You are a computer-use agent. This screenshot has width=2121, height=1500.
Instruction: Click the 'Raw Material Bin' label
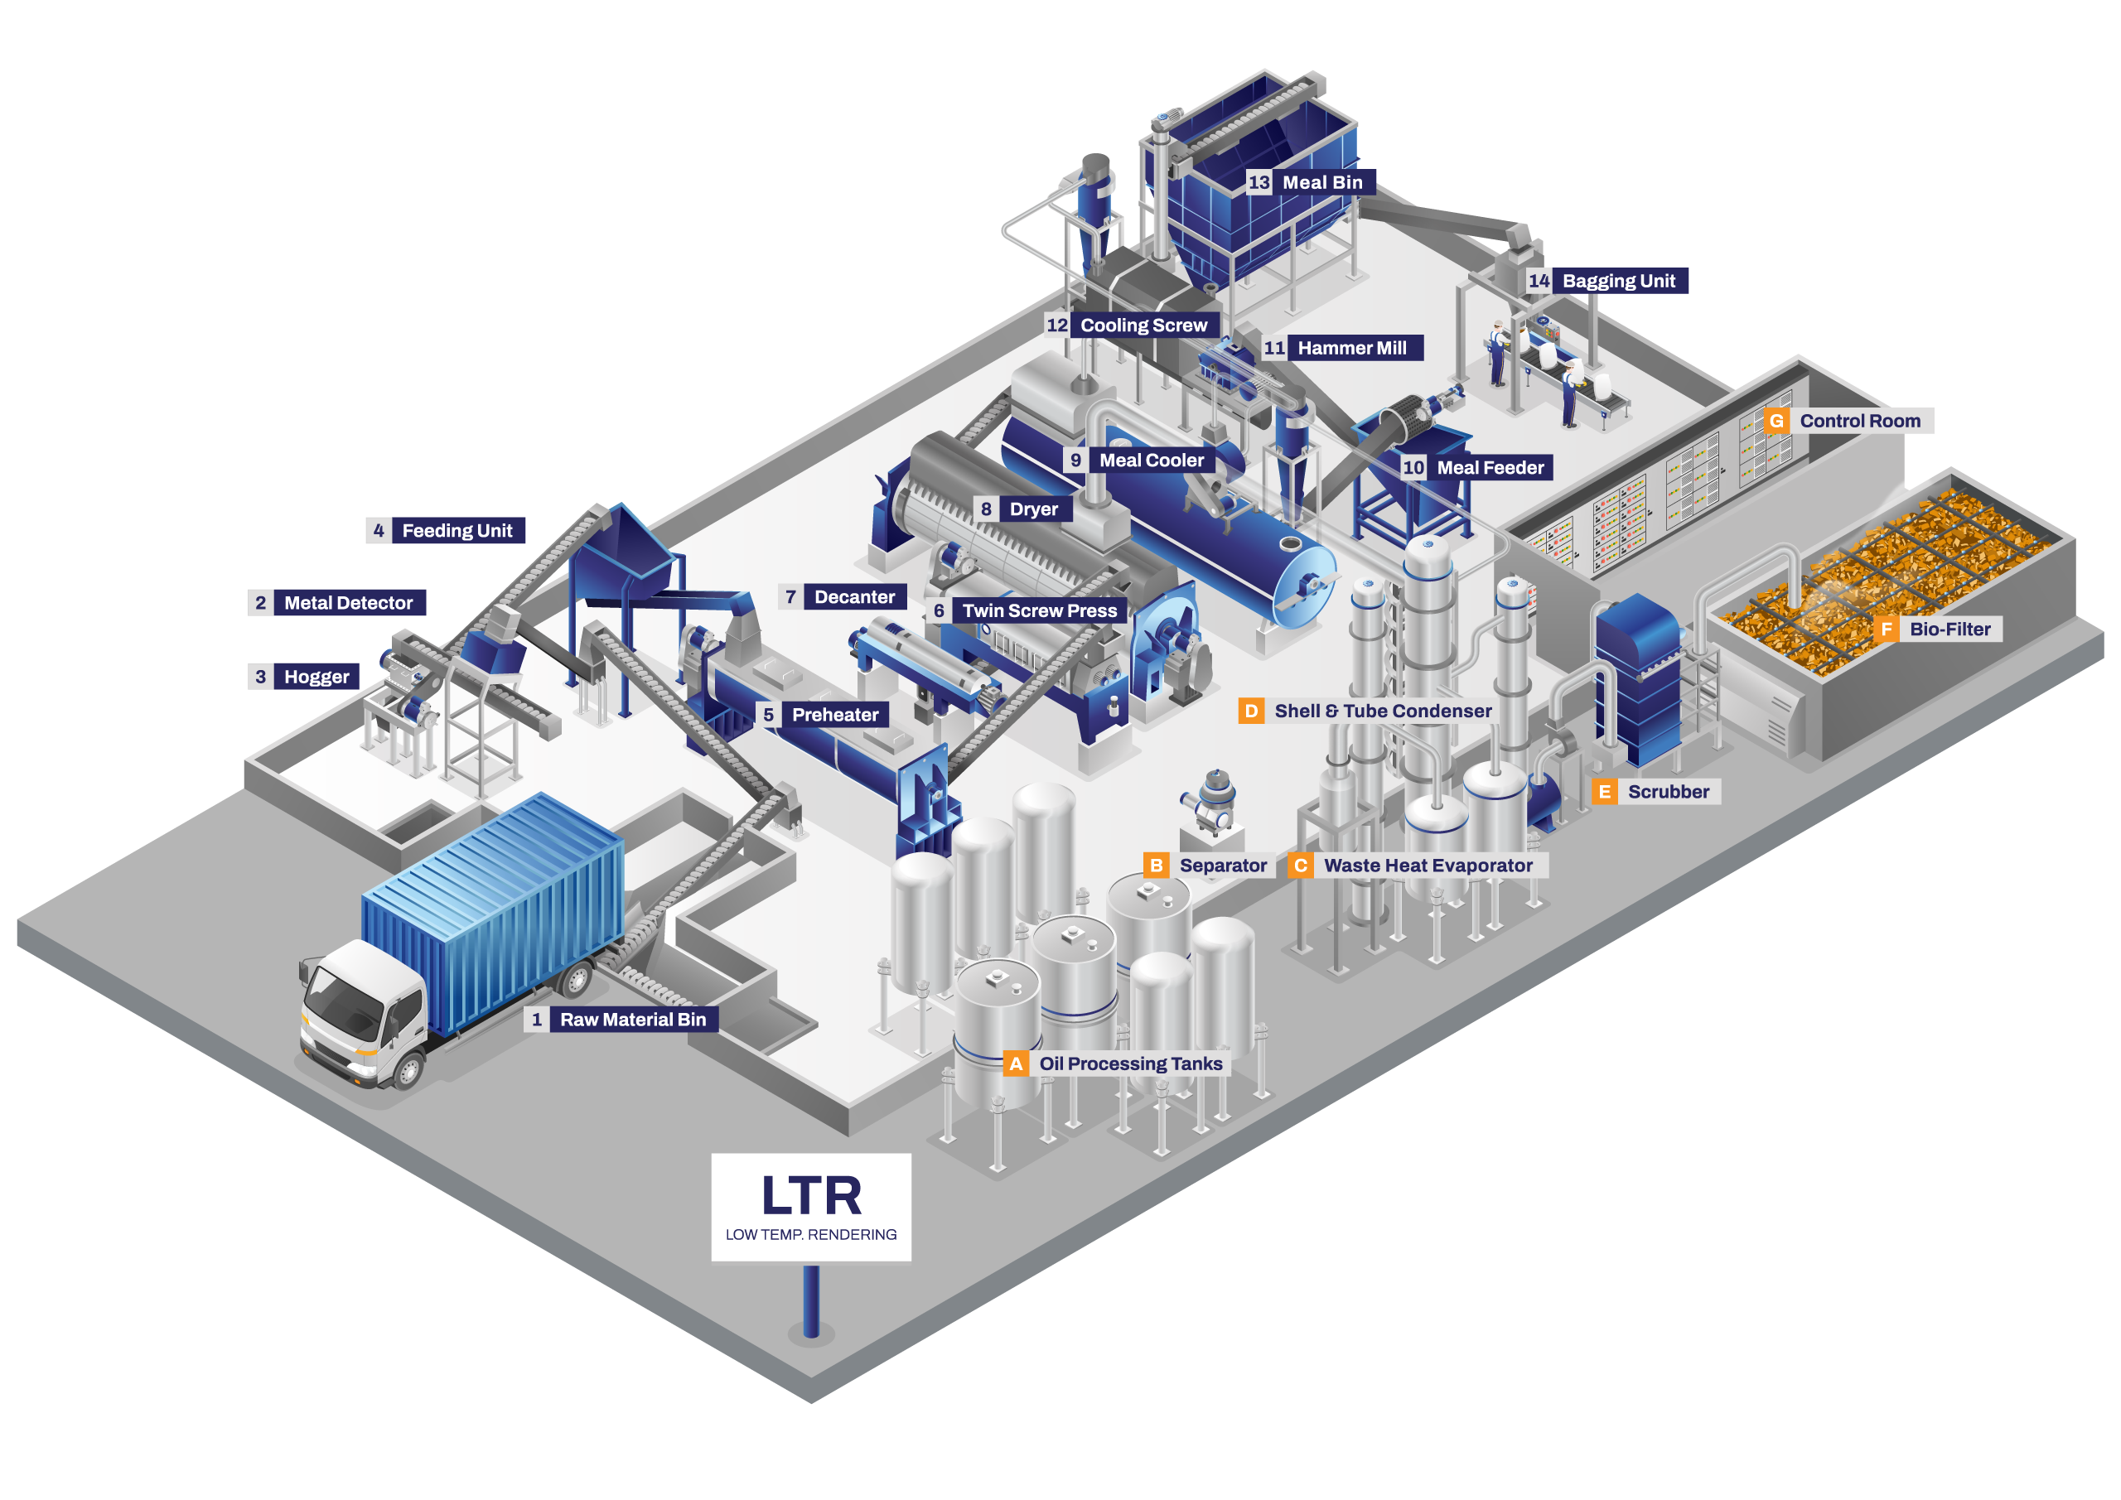633,1020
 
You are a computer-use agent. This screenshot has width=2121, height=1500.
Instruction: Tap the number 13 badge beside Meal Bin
1259,183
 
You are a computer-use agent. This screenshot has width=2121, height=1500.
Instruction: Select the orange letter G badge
1776,422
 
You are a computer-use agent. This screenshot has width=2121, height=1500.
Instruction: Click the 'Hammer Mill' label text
1351,348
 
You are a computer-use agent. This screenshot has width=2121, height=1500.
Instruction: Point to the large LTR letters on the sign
811,1196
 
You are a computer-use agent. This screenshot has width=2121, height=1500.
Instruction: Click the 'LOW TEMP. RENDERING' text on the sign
811,1235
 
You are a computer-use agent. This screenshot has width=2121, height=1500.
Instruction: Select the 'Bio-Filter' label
1949,629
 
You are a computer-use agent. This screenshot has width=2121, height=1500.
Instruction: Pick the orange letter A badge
1015,1064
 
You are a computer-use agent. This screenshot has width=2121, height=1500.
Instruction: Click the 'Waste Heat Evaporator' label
1428,866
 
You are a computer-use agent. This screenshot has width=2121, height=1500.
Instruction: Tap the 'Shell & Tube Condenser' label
1383,711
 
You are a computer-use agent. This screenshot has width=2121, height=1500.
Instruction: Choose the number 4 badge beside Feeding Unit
379,531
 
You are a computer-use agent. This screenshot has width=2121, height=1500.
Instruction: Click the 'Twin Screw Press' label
1039,610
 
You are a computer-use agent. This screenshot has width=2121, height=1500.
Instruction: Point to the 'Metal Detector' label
348,603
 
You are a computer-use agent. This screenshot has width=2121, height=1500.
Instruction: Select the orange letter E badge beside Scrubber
1605,792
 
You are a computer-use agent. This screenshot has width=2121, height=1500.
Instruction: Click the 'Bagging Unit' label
1618,281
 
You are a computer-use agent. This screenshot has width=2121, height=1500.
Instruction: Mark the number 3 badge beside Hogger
260,677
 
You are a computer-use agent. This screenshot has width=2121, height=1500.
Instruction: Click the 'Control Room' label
1859,422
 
